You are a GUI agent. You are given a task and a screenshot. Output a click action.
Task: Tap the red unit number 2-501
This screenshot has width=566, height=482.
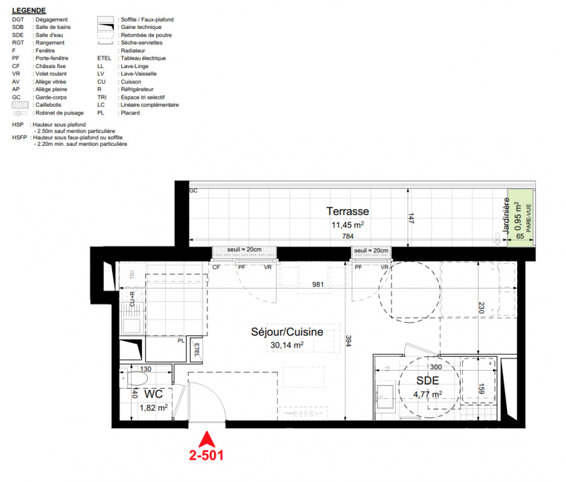[206, 455]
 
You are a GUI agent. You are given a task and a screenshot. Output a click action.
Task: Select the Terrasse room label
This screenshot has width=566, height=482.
[348, 211]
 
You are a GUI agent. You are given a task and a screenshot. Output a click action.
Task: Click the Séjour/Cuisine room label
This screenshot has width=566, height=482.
[287, 331]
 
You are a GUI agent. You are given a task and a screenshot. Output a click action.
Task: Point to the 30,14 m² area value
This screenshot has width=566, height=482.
[287, 345]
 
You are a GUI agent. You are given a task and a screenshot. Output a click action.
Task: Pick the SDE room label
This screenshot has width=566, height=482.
[428, 380]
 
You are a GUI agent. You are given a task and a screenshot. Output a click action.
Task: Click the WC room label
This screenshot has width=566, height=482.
[153, 394]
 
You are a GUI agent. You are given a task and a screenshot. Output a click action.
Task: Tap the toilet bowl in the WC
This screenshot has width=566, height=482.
[138, 379]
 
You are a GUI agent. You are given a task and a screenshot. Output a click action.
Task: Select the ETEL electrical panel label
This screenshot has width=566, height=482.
[197, 349]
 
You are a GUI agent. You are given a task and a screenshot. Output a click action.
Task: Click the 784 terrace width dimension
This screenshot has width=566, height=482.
[348, 236]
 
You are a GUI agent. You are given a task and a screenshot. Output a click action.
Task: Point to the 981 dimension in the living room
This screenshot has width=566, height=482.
[317, 284]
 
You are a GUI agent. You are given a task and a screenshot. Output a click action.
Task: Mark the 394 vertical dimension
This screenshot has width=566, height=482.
[348, 341]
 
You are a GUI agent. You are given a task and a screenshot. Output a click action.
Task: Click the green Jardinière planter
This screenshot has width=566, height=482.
[520, 218]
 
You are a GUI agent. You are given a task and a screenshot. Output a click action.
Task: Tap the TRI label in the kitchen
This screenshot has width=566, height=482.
[132, 275]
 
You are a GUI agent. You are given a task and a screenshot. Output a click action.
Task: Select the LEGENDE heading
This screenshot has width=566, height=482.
[29, 10]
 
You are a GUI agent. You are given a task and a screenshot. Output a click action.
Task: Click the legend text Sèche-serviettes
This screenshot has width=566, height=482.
[141, 43]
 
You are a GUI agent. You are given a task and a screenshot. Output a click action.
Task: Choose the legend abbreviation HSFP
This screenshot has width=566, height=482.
[19, 137]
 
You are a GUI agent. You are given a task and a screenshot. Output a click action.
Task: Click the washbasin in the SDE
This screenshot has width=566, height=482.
[385, 397]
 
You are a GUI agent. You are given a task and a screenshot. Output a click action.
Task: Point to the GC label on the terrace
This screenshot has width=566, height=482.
[194, 191]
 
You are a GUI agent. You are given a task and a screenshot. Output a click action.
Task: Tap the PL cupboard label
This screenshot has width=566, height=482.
[181, 340]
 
